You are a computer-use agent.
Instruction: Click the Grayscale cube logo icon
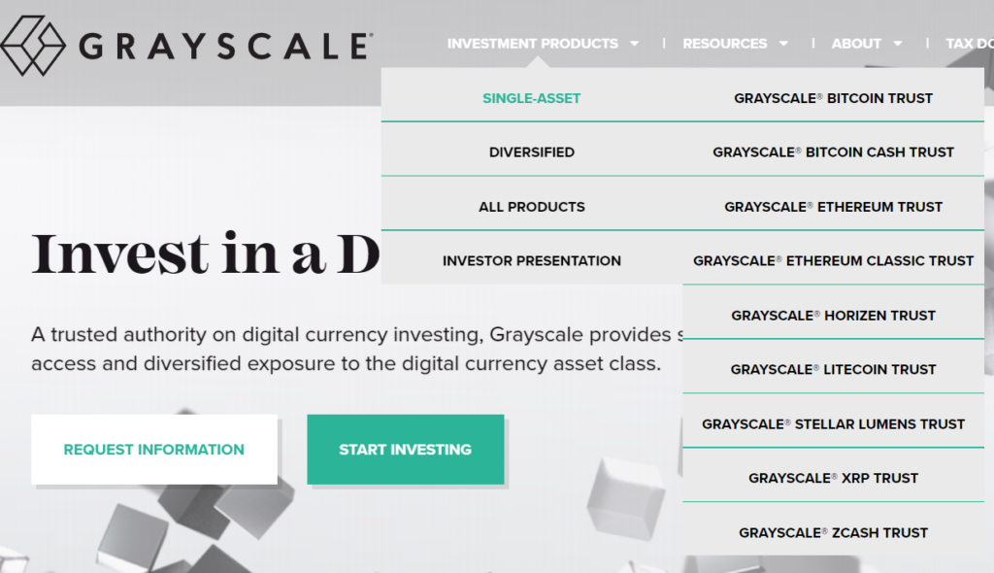pyautogui.click(x=32, y=45)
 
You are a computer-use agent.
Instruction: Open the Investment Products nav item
pyautogui.click(x=533, y=44)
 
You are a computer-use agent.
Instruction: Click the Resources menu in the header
pyautogui.click(x=724, y=44)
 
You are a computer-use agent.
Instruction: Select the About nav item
pyautogui.click(x=856, y=44)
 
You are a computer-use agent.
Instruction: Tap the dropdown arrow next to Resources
pyautogui.click(x=783, y=44)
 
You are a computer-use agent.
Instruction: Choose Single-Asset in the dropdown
pyautogui.click(x=532, y=98)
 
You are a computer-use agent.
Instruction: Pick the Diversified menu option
pyautogui.click(x=532, y=152)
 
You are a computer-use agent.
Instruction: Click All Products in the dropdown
pyautogui.click(x=532, y=207)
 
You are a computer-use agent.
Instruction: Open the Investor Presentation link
pyautogui.click(x=532, y=261)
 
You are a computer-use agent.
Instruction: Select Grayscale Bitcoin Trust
pyautogui.click(x=833, y=98)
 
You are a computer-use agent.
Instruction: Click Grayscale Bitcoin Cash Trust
pyautogui.click(x=833, y=152)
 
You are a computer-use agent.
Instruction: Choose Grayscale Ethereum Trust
pyautogui.click(x=833, y=207)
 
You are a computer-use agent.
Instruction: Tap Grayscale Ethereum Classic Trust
pyautogui.click(x=833, y=261)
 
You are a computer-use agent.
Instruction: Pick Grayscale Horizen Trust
pyautogui.click(x=833, y=316)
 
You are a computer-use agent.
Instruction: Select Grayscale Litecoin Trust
pyautogui.click(x=833, y=369)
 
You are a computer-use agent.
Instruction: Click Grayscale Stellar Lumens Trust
pyautogui.click(x=833, y=423)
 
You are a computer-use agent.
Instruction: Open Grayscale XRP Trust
pyautogui.click(x=833, y=478)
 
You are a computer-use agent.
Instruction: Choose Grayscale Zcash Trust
pyautogui.click(x=833, y=532)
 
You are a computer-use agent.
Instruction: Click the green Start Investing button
pyautogui.click(x=406, y=450)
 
